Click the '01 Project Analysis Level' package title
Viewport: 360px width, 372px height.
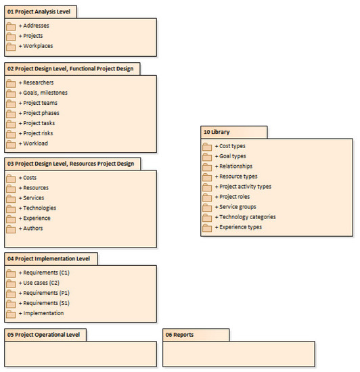(x=41, y=11)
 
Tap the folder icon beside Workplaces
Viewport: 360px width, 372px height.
(x=11, y=46)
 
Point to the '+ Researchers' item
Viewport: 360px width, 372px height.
(x=37, y=83)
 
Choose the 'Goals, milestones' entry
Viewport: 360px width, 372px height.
(x=43, y=93)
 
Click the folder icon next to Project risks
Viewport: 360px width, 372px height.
(x=11, y=134)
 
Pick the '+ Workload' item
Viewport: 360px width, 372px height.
(x=35, y=144)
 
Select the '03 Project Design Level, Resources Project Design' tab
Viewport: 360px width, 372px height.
(x=70, y=163)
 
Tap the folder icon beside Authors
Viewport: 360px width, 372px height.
(x=11, y=229)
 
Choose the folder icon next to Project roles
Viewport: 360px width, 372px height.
(x=207, y=197)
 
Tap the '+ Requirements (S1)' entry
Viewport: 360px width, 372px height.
(x=44, y=303)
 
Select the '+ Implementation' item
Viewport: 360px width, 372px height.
(x=41, y=313)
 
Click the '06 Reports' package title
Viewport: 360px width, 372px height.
(x=180, y=335)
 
